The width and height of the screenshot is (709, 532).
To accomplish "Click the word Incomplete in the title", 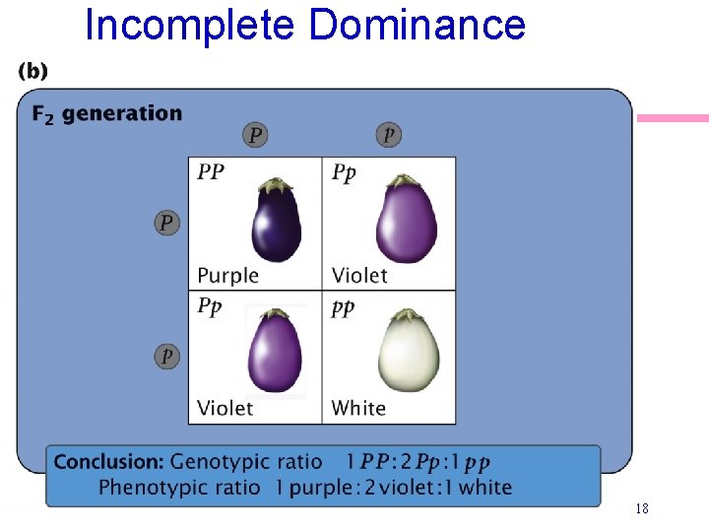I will pyautogui.click(x=189, y=24).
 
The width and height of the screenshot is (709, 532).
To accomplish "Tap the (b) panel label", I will pyautogui.click(x=32, y=71).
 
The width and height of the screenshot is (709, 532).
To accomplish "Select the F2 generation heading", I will pyautogui.click(x=107, y=114).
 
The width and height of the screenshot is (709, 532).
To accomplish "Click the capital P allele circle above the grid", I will pyautogui.click(x=255, y=135).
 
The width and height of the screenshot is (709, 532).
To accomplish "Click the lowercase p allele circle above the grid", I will pyautogui.click(x=390, y=135).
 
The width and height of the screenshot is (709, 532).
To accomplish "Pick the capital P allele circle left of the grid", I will pyautogui.click(x=167, y=223).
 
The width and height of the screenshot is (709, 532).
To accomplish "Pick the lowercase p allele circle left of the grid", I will pyautogui.click(x=167, y=356).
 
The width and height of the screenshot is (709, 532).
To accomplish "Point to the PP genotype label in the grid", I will pyautogui.click(x=211, y=172).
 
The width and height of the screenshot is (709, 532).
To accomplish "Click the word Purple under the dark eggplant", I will pyautogui.click(x=227, y=275).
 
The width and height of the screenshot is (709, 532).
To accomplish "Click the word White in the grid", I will pyautogui.click(x=358, y=408).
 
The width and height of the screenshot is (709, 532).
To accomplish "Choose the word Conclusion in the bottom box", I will pyautogui.click(x=108, y=461).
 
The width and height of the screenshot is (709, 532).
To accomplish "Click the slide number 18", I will pyautogui.click(x=642, y=509).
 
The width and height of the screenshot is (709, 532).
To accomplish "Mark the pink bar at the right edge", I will pyautogui.click(x=674, y=118).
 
